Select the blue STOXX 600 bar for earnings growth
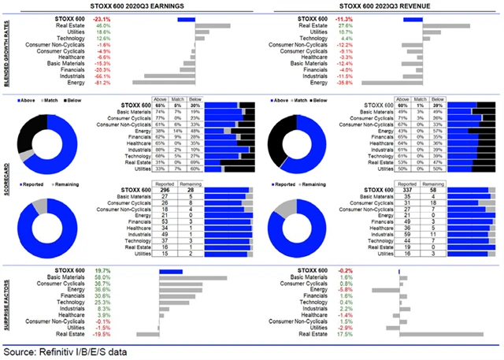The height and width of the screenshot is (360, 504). click(x=187, y=17)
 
